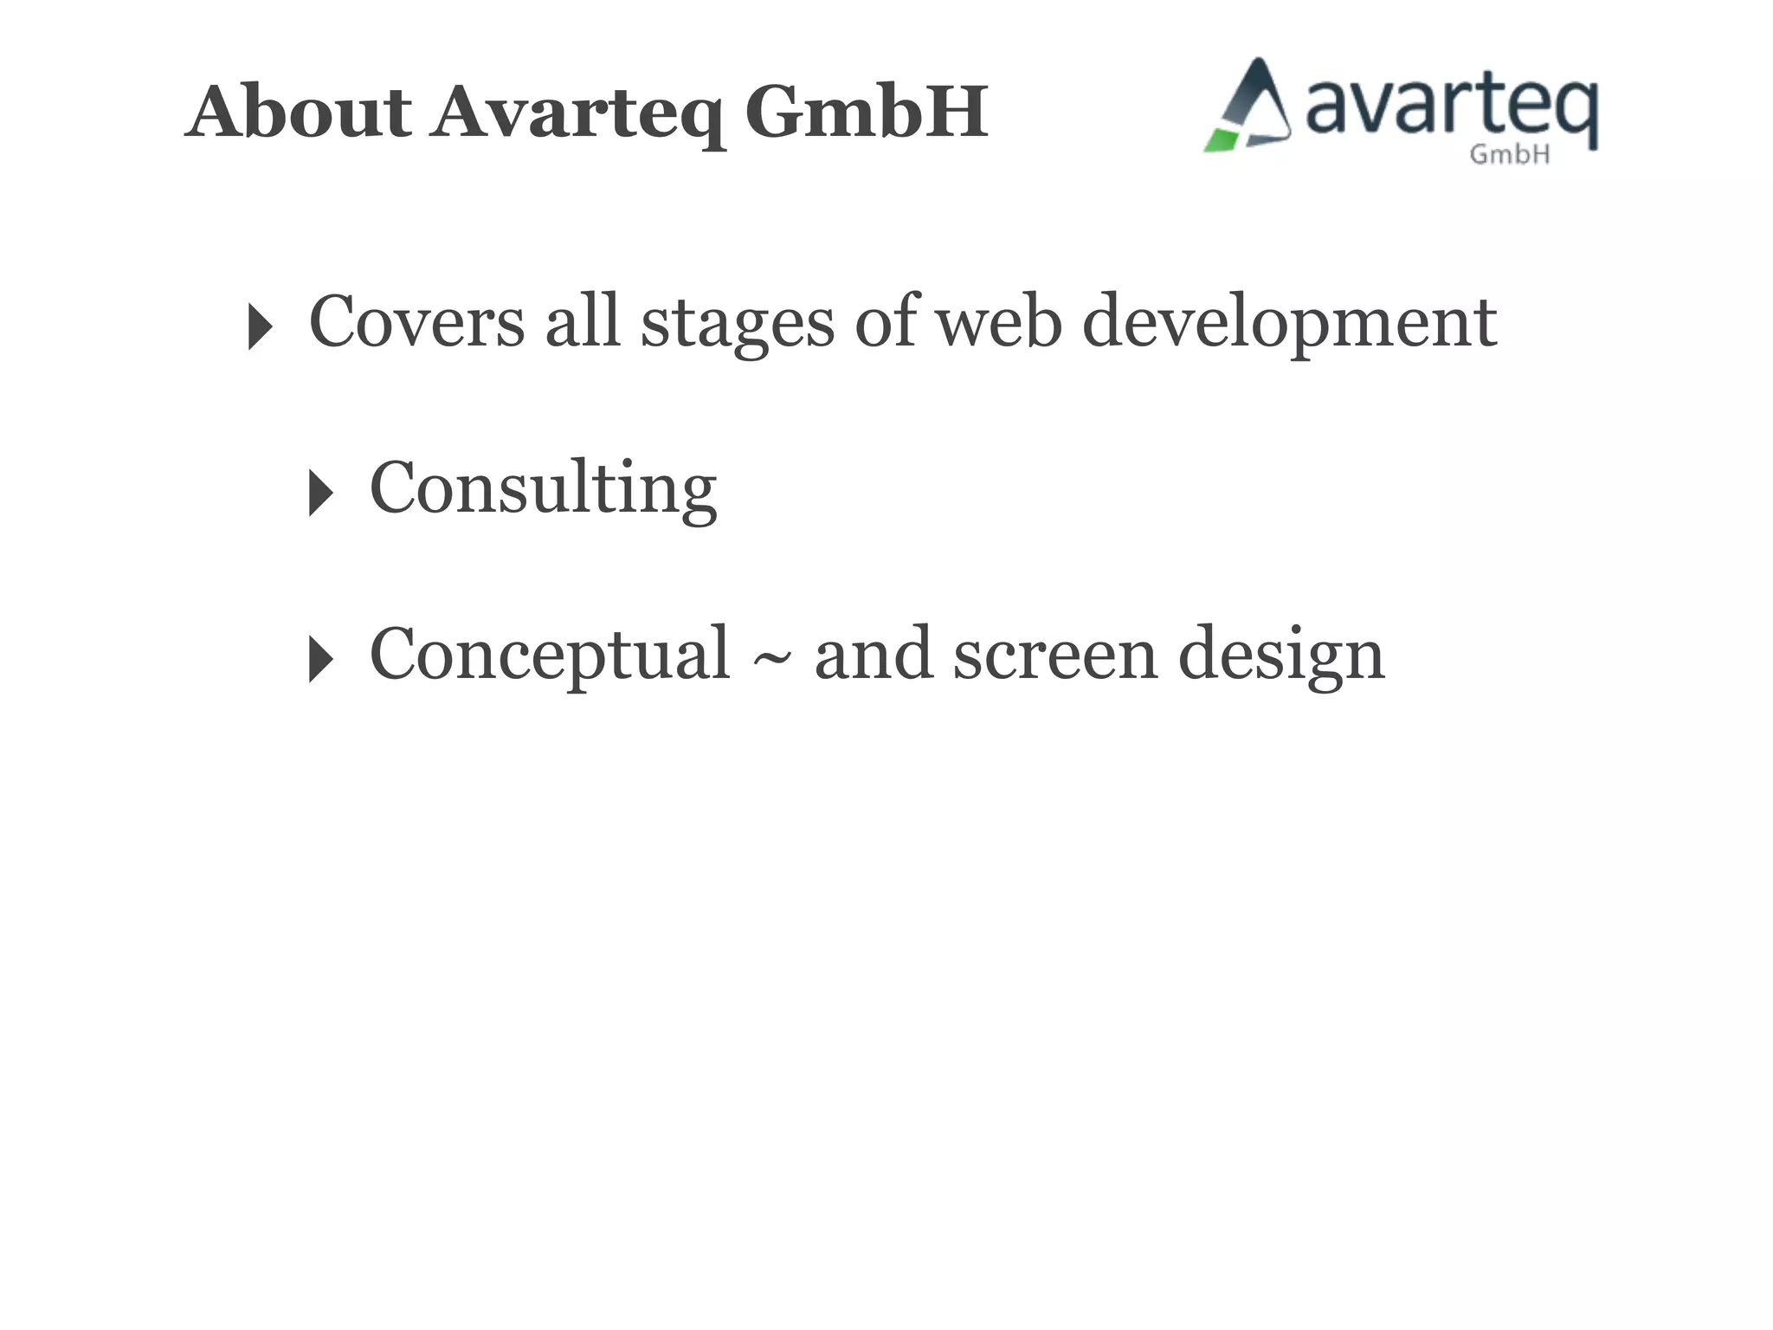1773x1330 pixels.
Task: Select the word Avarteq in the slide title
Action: pyautogui.click(x=577, y=113)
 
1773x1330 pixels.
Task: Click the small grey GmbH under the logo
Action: pyautogui.click(x=1510, y=154)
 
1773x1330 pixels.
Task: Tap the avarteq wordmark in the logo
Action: pyautogui.click(x=1451, y=107)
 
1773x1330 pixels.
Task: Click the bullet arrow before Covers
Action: pyautogui.click(x=259, y=326)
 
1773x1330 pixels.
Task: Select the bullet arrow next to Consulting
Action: pyautogui.click(x=319, y=493)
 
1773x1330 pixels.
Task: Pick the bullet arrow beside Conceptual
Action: pyautogui.click(x=319, y=659)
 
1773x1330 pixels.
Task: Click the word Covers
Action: pyautogui.click(x=416, y=321)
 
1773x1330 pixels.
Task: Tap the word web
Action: pyautogui.click(x=999, y=321)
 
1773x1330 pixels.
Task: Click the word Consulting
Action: pyautogui.click(x=543, y=488)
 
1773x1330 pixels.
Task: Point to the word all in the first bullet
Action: pyautogui.click(x=583, y=321)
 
